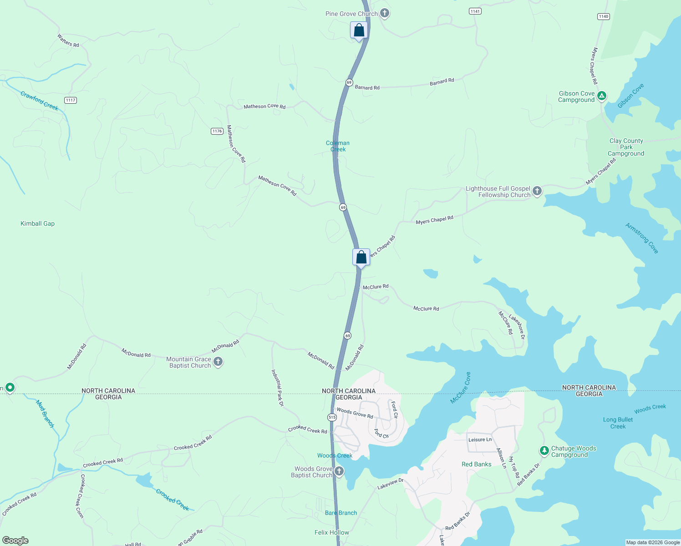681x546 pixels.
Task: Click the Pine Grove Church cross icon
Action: (x=385, y=13)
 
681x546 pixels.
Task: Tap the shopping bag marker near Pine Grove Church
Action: (x=359, y=31)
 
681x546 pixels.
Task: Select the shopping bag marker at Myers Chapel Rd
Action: (x=361, y=258)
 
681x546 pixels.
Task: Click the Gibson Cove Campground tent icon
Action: (x=602, y=96)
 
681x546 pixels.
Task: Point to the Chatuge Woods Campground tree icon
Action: (x=544, y=451)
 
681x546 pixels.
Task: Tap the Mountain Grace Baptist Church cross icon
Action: (x=218, y=362)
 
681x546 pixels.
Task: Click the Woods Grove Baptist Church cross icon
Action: (x=339, y=471)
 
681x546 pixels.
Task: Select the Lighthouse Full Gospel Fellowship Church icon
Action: (x=537, y=191)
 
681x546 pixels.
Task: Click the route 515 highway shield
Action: (x=332, y=417)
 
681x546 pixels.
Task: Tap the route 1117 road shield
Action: (x=71, y=100)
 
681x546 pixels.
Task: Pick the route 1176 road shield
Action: (x=217, y=131)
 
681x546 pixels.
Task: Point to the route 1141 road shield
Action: (x=475, y=11)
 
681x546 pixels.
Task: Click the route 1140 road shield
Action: (x=604, y=16)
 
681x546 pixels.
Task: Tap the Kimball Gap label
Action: (x=37, y=223)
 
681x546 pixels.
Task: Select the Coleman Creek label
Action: (x=338, y=146)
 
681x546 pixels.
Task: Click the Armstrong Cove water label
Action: (x=642, y=238)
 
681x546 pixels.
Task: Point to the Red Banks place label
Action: (x=476, y=464)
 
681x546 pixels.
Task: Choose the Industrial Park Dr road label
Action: (x=278, y=388)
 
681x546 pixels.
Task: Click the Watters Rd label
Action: (x=68, y=40)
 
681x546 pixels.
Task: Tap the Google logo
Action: (x=15, y=541)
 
